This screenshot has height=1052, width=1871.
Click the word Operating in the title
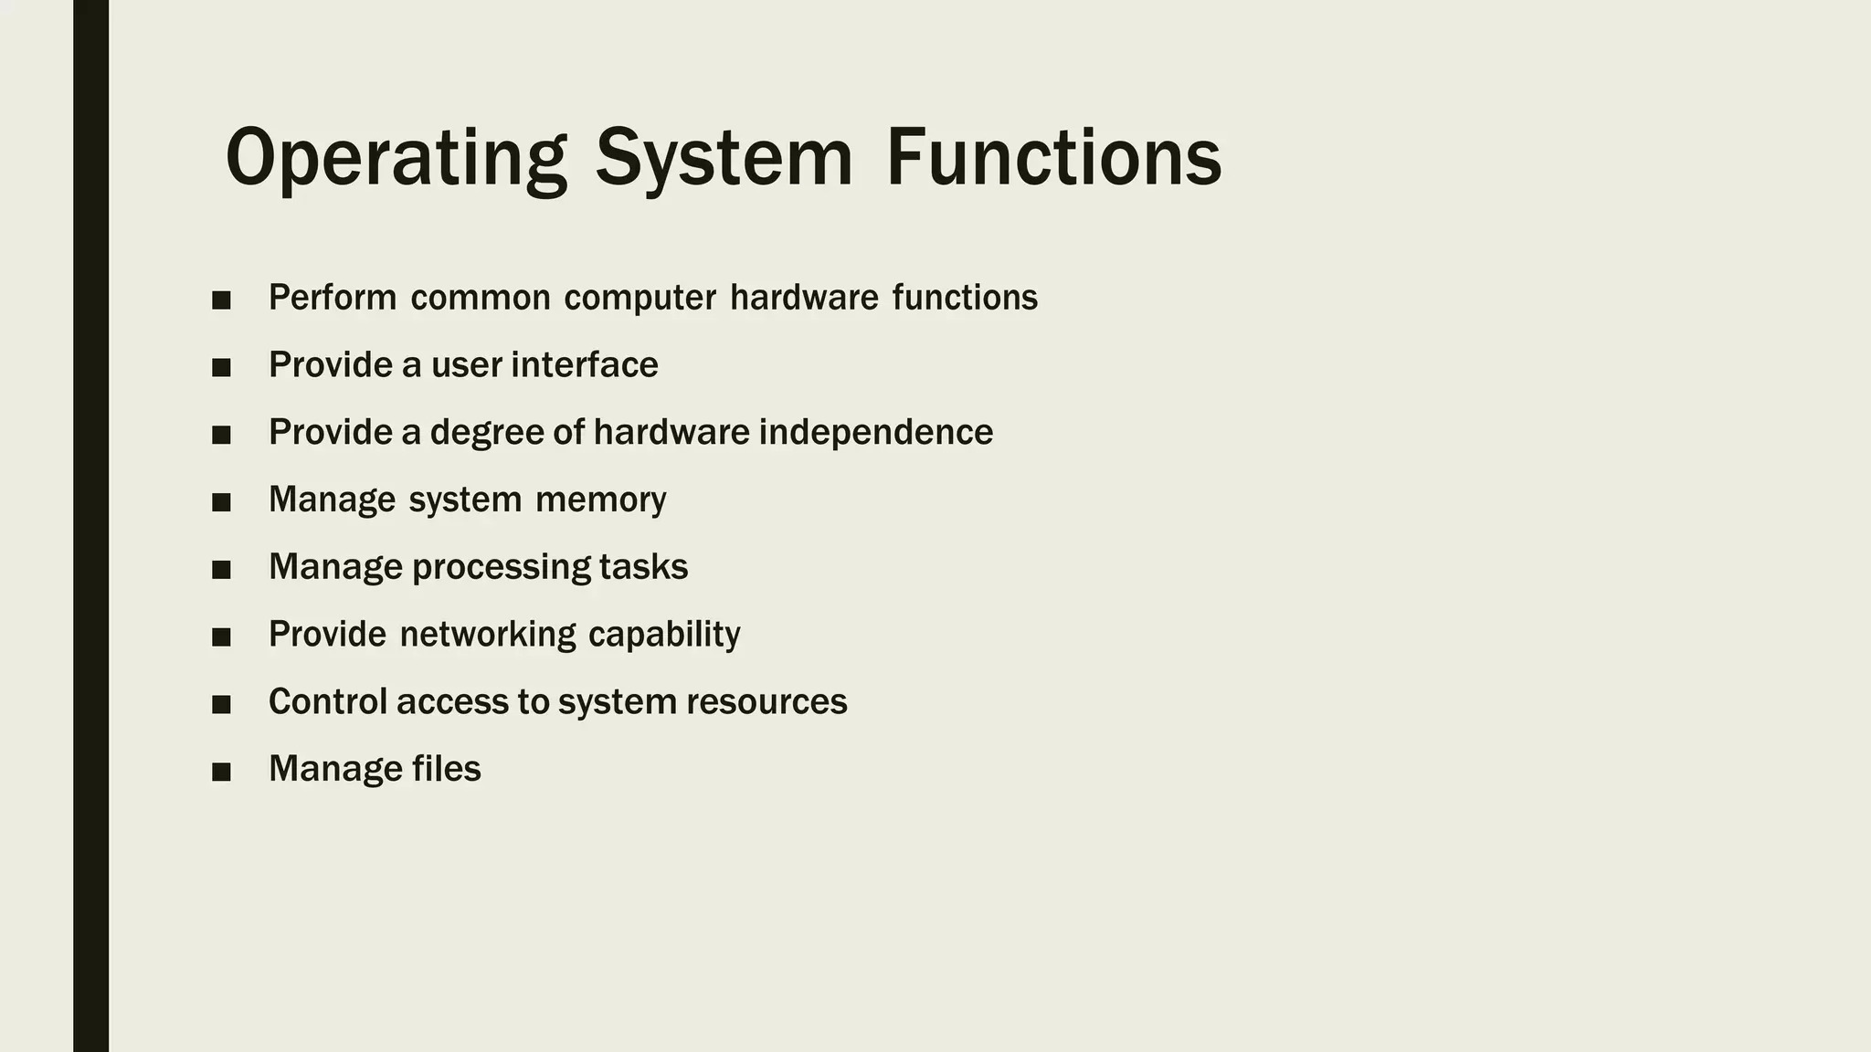click(x=396, y=159)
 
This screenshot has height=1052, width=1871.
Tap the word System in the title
click(x=724, y=159)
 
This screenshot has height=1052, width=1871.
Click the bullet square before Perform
click(x=221, y=300)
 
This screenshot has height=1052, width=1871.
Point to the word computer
click(x=640, y=299)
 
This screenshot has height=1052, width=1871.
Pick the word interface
click(x=585, y=365)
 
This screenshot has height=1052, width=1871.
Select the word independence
click(x=875, y=433)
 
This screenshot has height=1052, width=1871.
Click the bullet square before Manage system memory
click(x=221, y=502)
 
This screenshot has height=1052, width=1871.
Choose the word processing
click(x=501, y=568)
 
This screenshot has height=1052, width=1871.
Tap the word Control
click(x=327, y=702)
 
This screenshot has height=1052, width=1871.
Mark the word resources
click(x=766, y=702)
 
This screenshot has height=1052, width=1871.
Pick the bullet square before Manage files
click(x=221, y=773)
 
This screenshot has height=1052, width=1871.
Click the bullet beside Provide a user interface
click(x=221, y=368)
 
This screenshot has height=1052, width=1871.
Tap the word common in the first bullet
click(x=481, y=299)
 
